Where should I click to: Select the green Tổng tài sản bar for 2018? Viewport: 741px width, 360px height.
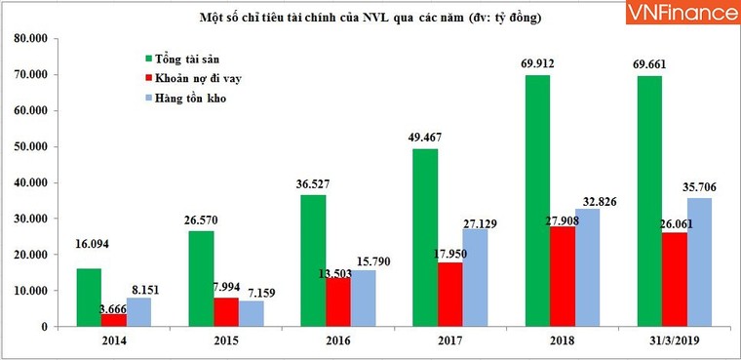pyautogui.click(x=537, y=200)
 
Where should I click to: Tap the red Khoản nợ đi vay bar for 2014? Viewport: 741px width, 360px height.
pyautogui.click(x=114, y=319)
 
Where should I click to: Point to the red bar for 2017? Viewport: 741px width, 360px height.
pyautogui.click(x=449, y=294)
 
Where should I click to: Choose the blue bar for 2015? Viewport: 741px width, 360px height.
pyautogui.click(x=253, y=312)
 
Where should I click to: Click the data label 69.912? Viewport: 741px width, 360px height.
pyautogui.click(x=538, y=64)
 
